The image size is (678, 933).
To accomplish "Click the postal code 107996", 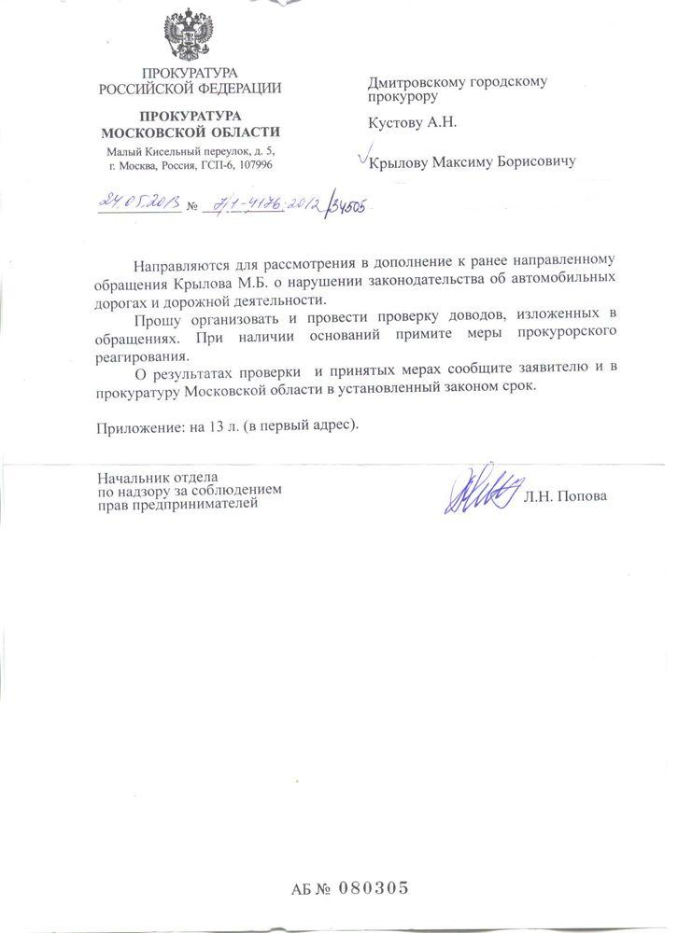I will pos(256,165).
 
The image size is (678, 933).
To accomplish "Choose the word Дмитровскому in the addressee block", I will pos(412,81).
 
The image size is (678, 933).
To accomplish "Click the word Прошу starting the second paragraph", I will pos(151,319).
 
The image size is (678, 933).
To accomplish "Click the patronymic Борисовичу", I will pos(532,162).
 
